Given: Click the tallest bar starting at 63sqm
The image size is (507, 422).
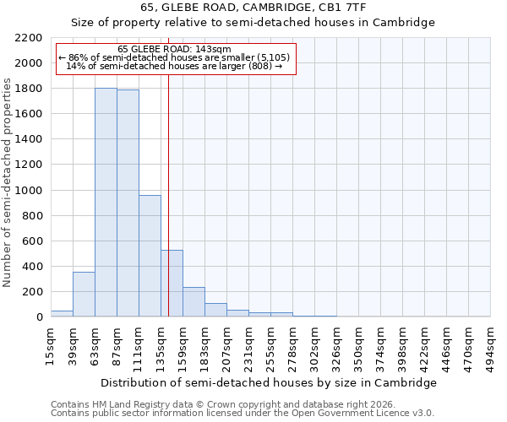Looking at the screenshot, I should point(106,203).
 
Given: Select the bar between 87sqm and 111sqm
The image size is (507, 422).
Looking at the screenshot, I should point(128,203).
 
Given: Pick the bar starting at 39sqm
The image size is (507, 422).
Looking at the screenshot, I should point(84,295).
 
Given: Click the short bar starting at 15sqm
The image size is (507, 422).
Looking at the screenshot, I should point(62,313).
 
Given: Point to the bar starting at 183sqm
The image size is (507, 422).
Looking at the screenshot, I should point(215,310).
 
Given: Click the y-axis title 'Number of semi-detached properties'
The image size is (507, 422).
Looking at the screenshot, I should point(8,182).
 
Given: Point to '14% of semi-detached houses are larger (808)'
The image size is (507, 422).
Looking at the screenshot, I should point(174,66).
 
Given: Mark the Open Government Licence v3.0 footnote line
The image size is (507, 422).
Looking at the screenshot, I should point(243,413).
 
